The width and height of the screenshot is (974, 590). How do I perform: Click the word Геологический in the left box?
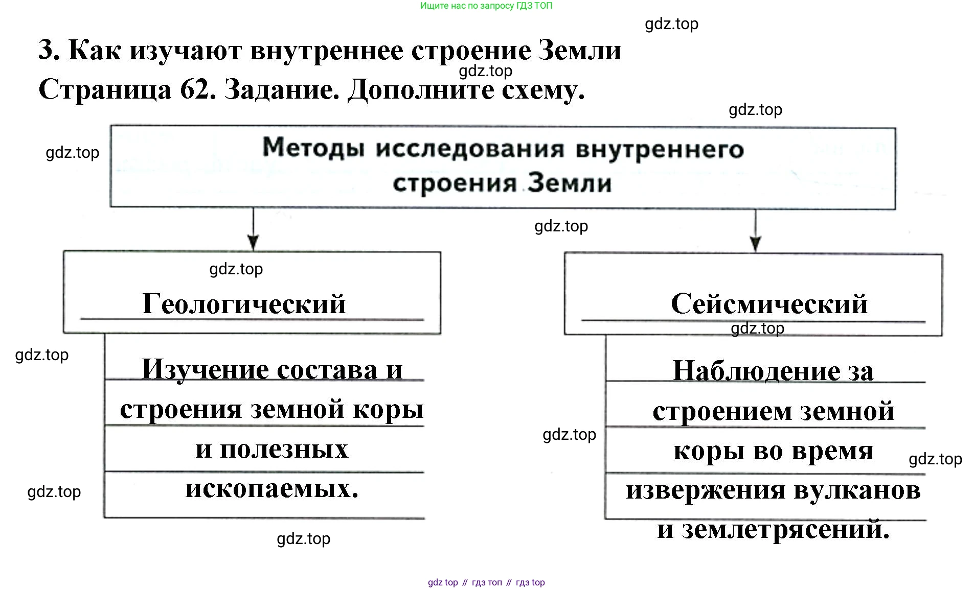[x=244, y=304]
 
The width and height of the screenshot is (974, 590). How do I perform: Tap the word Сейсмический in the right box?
[x=769, y=304]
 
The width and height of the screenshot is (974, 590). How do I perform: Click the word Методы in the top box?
[x=313, y=148]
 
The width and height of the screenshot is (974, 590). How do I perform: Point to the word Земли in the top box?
[x=570, y=183]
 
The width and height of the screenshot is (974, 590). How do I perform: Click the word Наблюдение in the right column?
[x=756, y=371]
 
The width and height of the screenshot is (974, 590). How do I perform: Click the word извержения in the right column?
[x=706, y=490]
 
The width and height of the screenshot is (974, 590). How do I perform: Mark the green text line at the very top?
[x=486, y=6]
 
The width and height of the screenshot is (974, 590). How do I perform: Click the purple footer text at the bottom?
[x=486, y=582]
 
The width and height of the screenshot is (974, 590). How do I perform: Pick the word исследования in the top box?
[x=470, y=149]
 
